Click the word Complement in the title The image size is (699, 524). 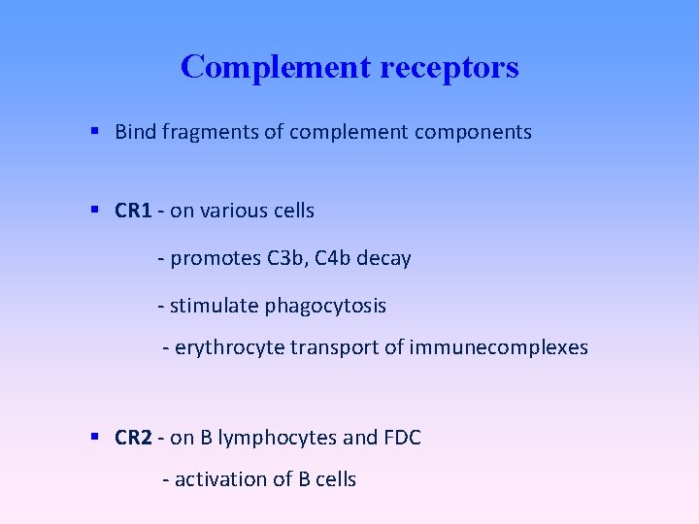pos(264,67)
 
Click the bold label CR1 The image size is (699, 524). pos(133,211)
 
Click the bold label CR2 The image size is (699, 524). pos(133,439)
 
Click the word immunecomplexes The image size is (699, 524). pos(499,347)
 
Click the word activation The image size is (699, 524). pos(220,479)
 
